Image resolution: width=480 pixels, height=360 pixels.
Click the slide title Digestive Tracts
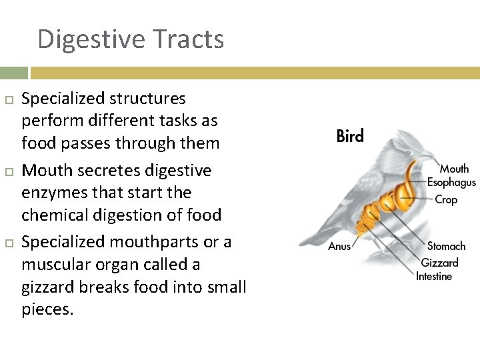(131, 39)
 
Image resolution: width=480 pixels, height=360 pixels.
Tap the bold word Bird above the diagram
(350, 137)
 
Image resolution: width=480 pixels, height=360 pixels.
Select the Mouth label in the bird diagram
(454, 169)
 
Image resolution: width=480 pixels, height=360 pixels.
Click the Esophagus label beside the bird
(451, 182)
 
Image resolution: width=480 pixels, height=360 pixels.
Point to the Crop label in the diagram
(446, 199)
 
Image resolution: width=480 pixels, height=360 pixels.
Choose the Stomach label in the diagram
(446, 246)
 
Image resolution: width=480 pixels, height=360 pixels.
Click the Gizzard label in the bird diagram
(439, 262)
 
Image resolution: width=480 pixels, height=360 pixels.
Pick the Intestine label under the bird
(434, 276)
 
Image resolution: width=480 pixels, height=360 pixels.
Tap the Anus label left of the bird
(339, 247)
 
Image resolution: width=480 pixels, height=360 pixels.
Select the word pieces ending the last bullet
(47, 310)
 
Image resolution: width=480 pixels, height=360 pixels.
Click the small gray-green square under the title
(13, 73)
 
